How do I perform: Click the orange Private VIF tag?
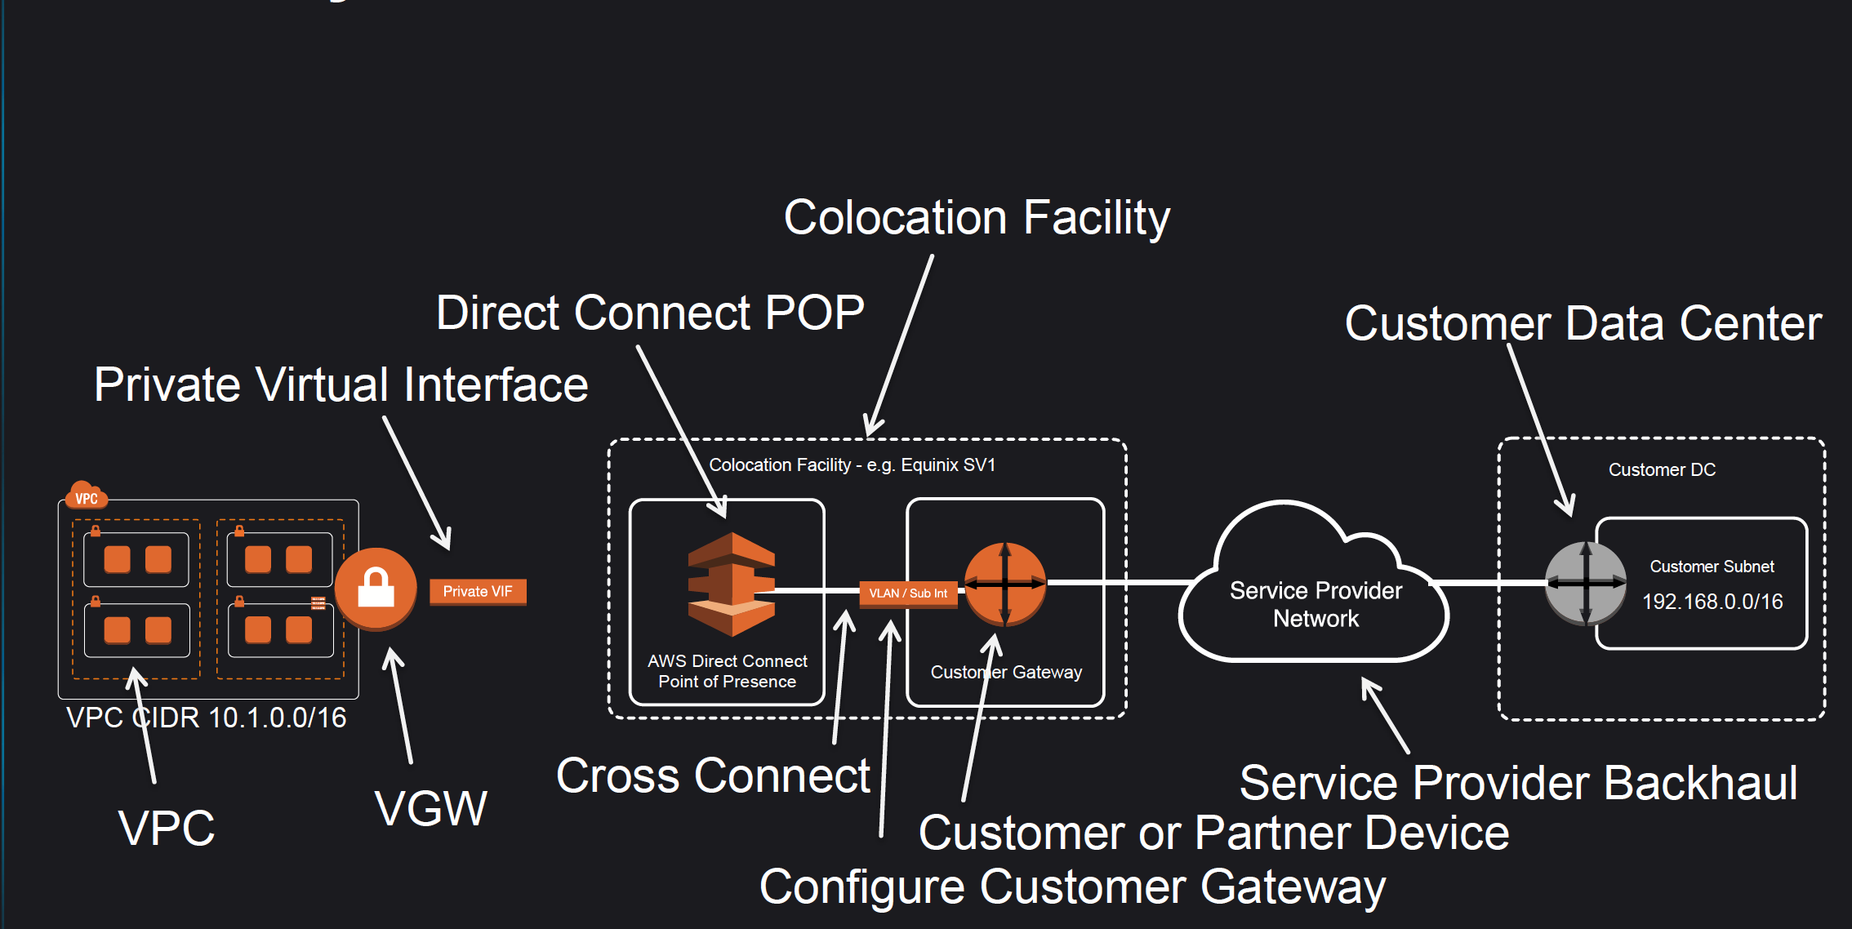pyautogui.click(x=478, y=592)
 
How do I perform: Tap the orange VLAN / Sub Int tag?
pyautogui.click(x=908, y=593)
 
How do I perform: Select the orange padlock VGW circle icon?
pyautogui.click(x=376, y=589)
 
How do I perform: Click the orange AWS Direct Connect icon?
pyautogui.click(x=732, y=585)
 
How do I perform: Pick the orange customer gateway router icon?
pyautogui.click(x=1005, y=584)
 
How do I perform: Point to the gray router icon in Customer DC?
pyautogui.click(x=1586, y=583)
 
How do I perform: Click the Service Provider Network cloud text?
pyautogui.click(x=1316, y=604)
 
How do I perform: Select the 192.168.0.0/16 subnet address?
pyautogui.click(x=1712, y=602)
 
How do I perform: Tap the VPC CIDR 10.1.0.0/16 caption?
pyautogui.click(x=206, y=718)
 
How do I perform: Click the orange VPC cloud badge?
pyautogui.click(x=86, y=496)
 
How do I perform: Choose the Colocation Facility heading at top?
pyautogui.click(x=977, y=218)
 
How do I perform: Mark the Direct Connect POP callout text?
pyautogui.click(x=650, y=313)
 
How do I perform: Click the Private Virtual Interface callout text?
pyautogui.click(x=341, y=384)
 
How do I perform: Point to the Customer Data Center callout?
pyautogui.click(x=1583, y=323)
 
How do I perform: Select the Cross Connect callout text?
pyautogui.click(x=713, y=776)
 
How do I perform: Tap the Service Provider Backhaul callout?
pyautogui.click(x=1519, y=783)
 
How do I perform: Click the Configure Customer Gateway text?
pyautogui.click(x=1072, y=887)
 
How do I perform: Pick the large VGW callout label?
pyautogui.click(x=431, y=809)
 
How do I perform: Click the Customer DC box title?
pyautogui.click(x=1662, y=470)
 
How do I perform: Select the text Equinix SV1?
pyautogui.click(x=948, y=465)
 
